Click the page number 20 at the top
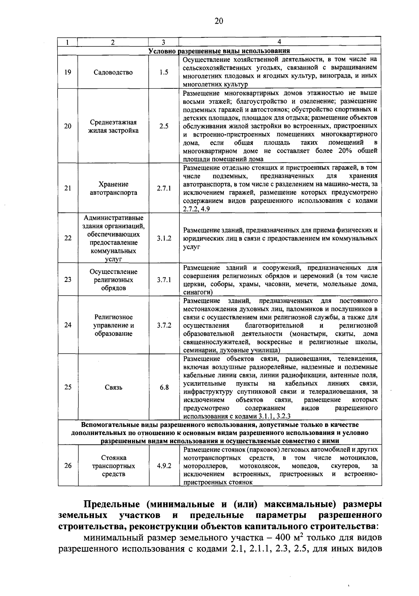[219, 21]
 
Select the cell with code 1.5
[163, 72]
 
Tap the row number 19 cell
[68, 72]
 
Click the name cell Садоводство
[113, 72]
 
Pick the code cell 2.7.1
[163, 188]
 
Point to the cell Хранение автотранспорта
[113, 188]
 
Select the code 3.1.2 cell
[163, 238]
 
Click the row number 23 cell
[68, 279]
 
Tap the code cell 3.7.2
[163, 325]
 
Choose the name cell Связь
[113, 387]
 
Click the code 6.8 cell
[163, 387]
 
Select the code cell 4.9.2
[163, 466]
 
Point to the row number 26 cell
[68, 466]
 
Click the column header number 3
[163, 42]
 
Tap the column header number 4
[279, 42]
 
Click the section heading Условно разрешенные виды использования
[219, 51]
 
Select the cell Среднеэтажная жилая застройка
[113, 126]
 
